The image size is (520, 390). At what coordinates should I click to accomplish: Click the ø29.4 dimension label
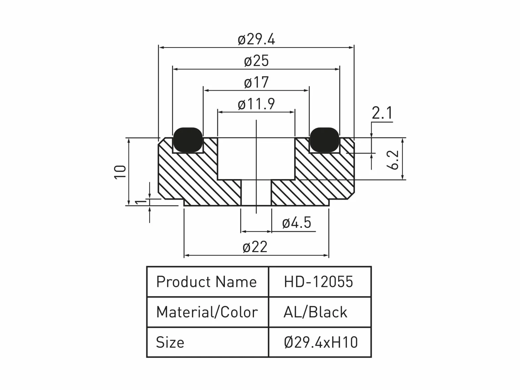[x=256, y=39]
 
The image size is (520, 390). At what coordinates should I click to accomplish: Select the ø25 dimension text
[x=256, y=61]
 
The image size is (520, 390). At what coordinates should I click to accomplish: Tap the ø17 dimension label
[x=256, y=82]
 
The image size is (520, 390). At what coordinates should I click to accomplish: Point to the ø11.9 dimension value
[x=256, y=104]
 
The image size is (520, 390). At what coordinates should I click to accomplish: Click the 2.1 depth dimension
[x=382, y=113]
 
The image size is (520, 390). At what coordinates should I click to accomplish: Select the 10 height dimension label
[x=120, y=172]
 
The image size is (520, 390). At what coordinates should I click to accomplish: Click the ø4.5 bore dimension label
[x=296, y=223]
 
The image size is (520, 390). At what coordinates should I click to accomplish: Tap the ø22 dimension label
[x=255, y=247]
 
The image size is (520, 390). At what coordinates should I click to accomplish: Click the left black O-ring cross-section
[x=188, y=140]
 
